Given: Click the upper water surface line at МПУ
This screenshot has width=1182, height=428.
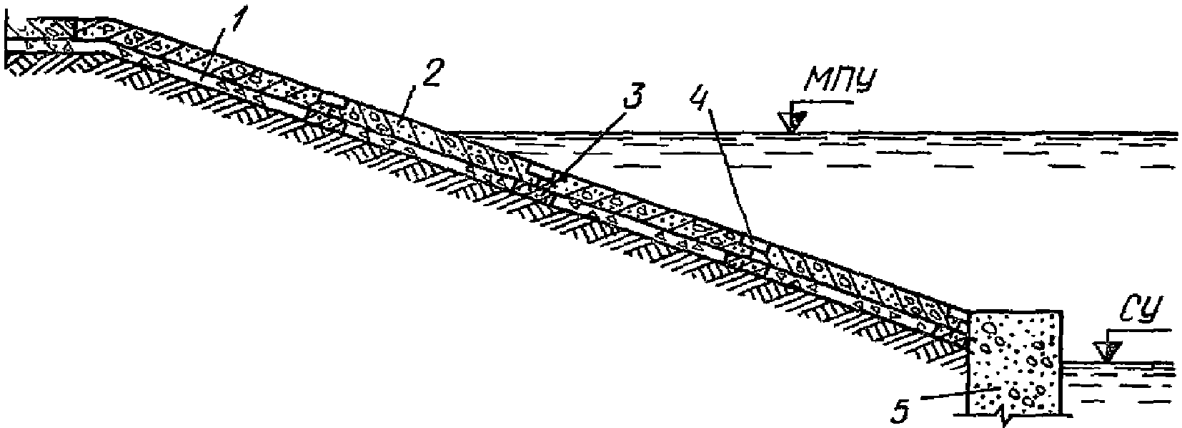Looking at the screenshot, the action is (x=929, y=133).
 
